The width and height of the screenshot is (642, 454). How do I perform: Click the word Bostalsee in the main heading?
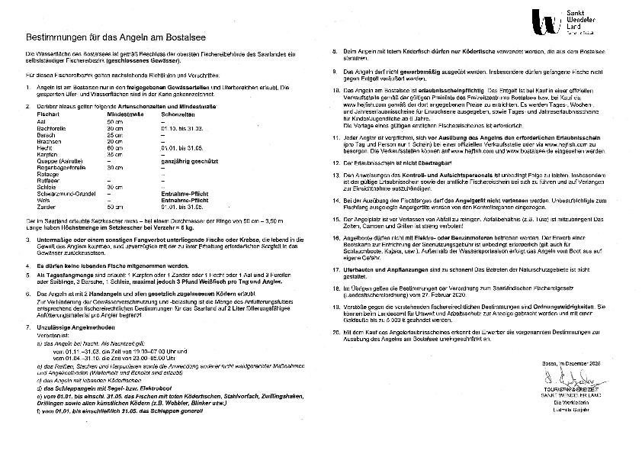(181, 37)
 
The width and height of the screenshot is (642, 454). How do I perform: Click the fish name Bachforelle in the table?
(52, 128)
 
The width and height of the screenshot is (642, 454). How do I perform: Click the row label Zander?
(46, 206)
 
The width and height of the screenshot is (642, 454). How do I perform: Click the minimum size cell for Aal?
(114, 121)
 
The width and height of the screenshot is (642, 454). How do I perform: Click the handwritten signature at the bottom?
(564, 378)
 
